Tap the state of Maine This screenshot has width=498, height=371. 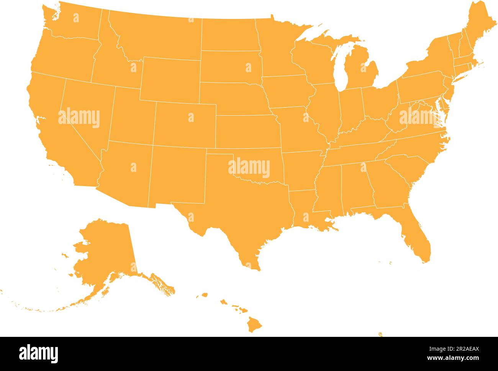pyautogui.click(x=475, y=27)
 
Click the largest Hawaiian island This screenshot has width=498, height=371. pyautogui.click(x=254, y=325)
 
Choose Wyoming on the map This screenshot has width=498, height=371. pyautogui.click(x=170, y=79)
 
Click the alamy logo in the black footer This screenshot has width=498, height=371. pyautogui.click(x=39, y=353)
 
